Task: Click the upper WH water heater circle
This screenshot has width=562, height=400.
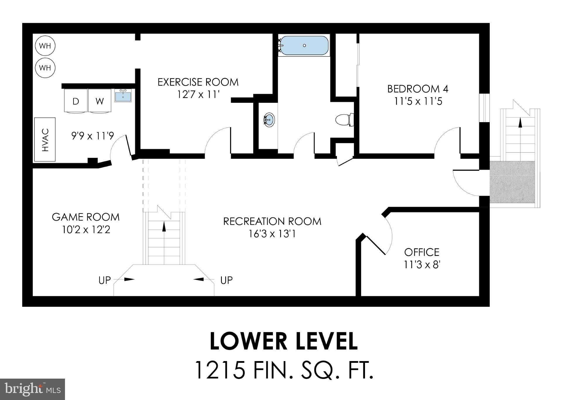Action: (x=45, y=46)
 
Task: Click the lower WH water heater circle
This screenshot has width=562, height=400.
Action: (x=45, y=68)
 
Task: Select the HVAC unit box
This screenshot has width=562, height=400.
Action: (x=45, y=140)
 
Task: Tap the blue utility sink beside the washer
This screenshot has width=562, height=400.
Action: (x=123, y=95)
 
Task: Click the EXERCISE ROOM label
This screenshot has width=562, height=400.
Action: (x=198, y=82)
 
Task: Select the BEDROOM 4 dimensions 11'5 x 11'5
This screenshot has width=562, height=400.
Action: (x=418, y=102)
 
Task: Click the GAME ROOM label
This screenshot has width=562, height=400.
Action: (x=86, y=217)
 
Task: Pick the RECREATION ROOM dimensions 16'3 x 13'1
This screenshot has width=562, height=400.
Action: (x=272, y=234)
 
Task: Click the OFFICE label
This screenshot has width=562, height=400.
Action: (x=421, y=252)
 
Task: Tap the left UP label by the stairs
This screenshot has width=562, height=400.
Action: (x=104, y=280)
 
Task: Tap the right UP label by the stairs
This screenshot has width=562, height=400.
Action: (x=226, y=280)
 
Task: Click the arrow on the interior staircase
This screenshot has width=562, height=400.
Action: (x=164, y=226)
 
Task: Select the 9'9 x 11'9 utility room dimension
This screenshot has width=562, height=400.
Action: (x=92, y=136)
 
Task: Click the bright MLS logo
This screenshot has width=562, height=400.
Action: (x=32, y=389)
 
